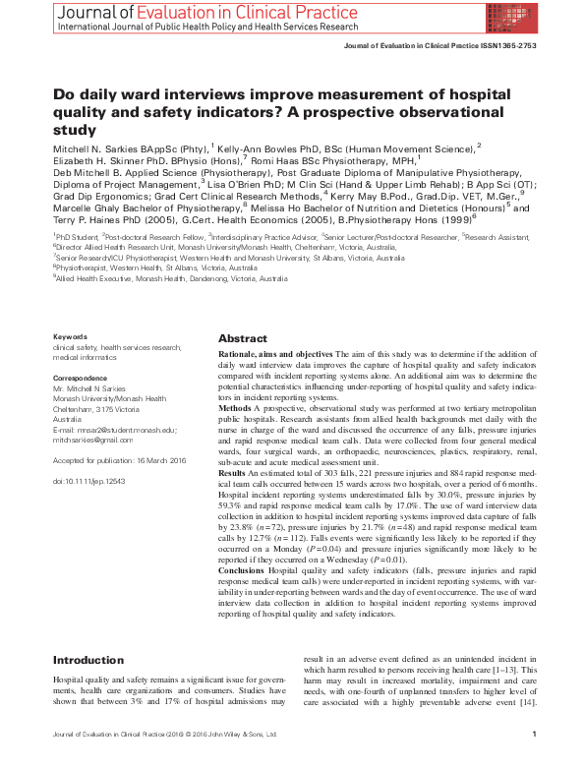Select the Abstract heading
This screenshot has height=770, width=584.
tap(243, 336)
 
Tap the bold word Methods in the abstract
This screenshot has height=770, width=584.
tap(235, 405)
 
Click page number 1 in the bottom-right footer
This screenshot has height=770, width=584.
tap(532, 760)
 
